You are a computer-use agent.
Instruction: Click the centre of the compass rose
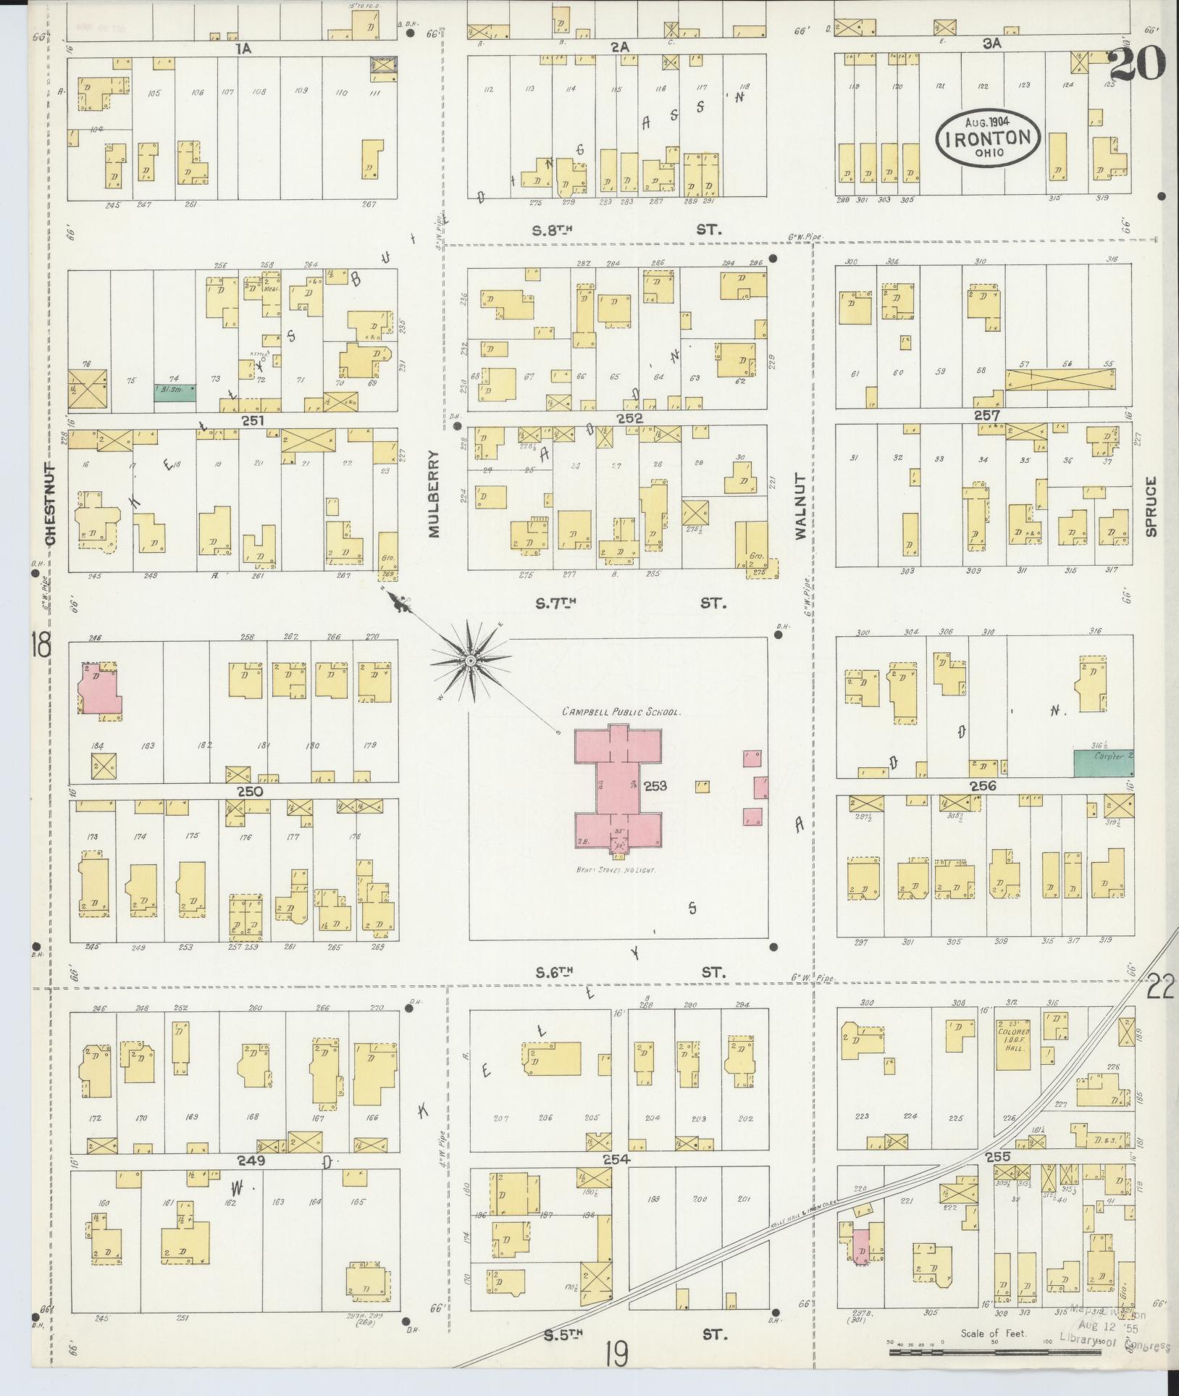470,661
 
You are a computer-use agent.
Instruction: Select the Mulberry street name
435,493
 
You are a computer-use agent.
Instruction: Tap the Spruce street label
1151,506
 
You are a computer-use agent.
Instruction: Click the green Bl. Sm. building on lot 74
175,392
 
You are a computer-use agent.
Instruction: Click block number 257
987,416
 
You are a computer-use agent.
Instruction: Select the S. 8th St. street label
553,231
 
